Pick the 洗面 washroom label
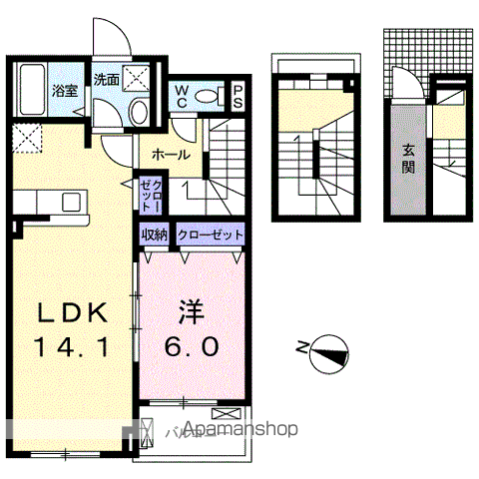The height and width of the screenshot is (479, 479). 107,77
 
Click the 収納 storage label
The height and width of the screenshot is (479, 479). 154,235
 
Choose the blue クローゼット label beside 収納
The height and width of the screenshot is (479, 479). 210,235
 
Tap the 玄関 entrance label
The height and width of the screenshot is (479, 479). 409,159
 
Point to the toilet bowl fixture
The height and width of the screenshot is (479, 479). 208,95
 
